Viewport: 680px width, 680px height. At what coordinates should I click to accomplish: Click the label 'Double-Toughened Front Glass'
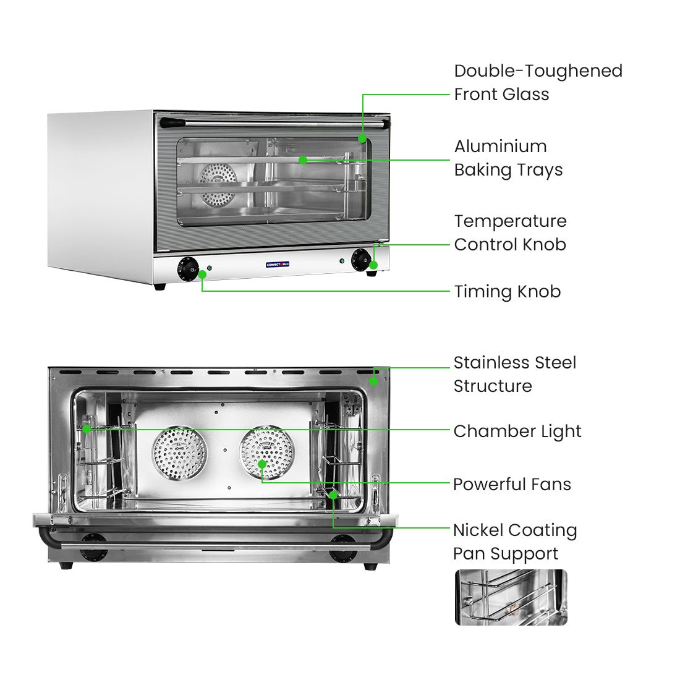coord(538,83)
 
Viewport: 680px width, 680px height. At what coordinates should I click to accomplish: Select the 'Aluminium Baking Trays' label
coord(508,158)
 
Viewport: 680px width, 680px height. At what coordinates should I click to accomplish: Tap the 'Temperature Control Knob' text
coord(510,233)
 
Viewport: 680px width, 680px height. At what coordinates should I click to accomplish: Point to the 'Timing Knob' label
coord(507,292)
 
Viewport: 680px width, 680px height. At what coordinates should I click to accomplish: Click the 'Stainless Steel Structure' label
coord(514,375)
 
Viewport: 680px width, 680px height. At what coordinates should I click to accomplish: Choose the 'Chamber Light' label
coord(517,431)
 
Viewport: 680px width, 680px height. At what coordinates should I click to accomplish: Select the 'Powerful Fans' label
coord(512,485)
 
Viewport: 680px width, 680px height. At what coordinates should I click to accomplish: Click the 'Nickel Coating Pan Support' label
coord(514,542)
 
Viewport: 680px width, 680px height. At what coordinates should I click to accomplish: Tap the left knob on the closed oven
coord(187,269)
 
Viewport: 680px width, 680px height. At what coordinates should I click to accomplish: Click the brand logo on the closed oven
coord(278,265)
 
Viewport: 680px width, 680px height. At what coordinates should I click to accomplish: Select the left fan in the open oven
coord(179,453)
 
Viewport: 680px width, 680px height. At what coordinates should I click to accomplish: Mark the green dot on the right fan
coord(262,464)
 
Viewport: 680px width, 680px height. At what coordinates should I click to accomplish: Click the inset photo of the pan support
coord(511,597)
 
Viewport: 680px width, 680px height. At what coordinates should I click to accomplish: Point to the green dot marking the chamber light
coord(87,428)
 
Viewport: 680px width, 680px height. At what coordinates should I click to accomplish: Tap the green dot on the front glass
coord(363,138)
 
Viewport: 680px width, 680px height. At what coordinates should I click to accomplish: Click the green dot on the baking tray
coord(303,160)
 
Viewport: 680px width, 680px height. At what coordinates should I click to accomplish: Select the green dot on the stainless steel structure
coord(373,381)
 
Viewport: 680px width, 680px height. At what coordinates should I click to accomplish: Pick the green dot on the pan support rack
coord(333,495)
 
